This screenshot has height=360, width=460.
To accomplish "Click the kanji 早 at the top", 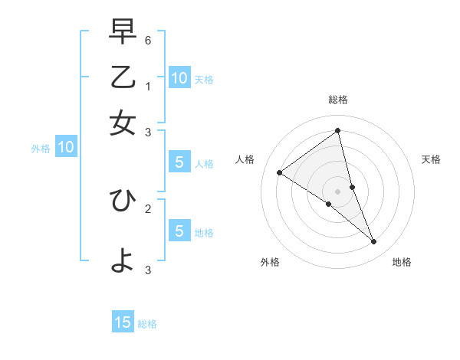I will coord(123,32).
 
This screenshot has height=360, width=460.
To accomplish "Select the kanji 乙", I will coord(123,77).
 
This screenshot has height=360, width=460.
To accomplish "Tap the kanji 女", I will coord(123,122).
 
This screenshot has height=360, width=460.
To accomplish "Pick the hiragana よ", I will coord(123,261).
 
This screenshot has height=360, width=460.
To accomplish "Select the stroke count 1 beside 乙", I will coord(148,86).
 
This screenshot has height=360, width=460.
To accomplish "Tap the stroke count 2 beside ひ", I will coord(148,208).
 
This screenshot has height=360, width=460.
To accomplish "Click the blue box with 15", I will coord(123,322).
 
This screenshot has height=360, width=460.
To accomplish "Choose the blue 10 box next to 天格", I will coord(179,77).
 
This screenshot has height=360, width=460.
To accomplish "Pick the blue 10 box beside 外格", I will coord(66,148).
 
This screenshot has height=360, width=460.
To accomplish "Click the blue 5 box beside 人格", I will coord(179,162).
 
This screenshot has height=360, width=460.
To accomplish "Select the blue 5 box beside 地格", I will coord(179,231).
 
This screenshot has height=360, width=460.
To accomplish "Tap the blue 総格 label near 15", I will coord(147,324).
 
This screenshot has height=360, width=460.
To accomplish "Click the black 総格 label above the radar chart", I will coord(337,100).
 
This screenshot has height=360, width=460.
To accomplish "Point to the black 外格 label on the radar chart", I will coord(269,263).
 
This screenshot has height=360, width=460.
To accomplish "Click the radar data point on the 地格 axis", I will coord(373,242).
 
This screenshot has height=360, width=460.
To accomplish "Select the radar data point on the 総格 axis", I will coord(337,131).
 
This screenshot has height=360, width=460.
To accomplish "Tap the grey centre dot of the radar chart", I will coord(337,191).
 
